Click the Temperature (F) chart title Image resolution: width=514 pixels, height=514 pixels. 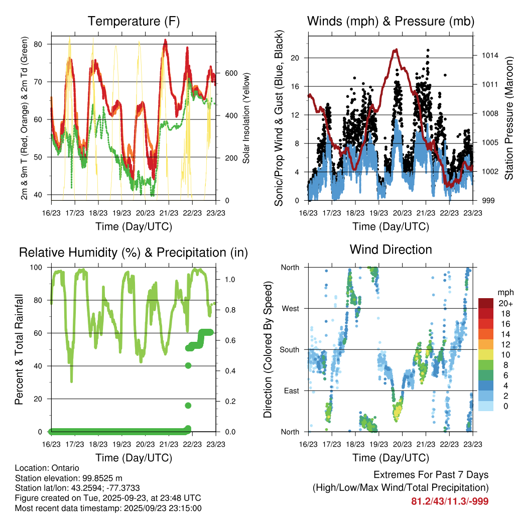tap(134, 21)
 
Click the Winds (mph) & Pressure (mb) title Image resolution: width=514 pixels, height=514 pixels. tap(391, 21)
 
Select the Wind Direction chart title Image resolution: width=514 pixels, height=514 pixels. tap(391, 249)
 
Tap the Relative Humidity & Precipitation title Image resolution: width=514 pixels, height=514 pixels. tap(134, 252)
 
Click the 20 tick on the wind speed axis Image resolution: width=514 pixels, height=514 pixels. tap(295, 58)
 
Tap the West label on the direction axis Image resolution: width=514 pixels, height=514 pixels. tap(290, 308)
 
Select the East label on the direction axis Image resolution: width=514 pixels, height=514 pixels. tap(291, 391)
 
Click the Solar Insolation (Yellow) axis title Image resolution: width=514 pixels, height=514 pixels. tap(246, 118)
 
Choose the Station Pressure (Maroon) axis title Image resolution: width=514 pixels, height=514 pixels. tap(508, 118)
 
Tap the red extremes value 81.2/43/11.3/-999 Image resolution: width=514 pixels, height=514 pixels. tap(450, 501)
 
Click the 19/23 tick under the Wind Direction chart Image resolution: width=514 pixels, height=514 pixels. tap(378, 444)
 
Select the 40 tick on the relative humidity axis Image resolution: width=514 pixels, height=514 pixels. tap(42, 366)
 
